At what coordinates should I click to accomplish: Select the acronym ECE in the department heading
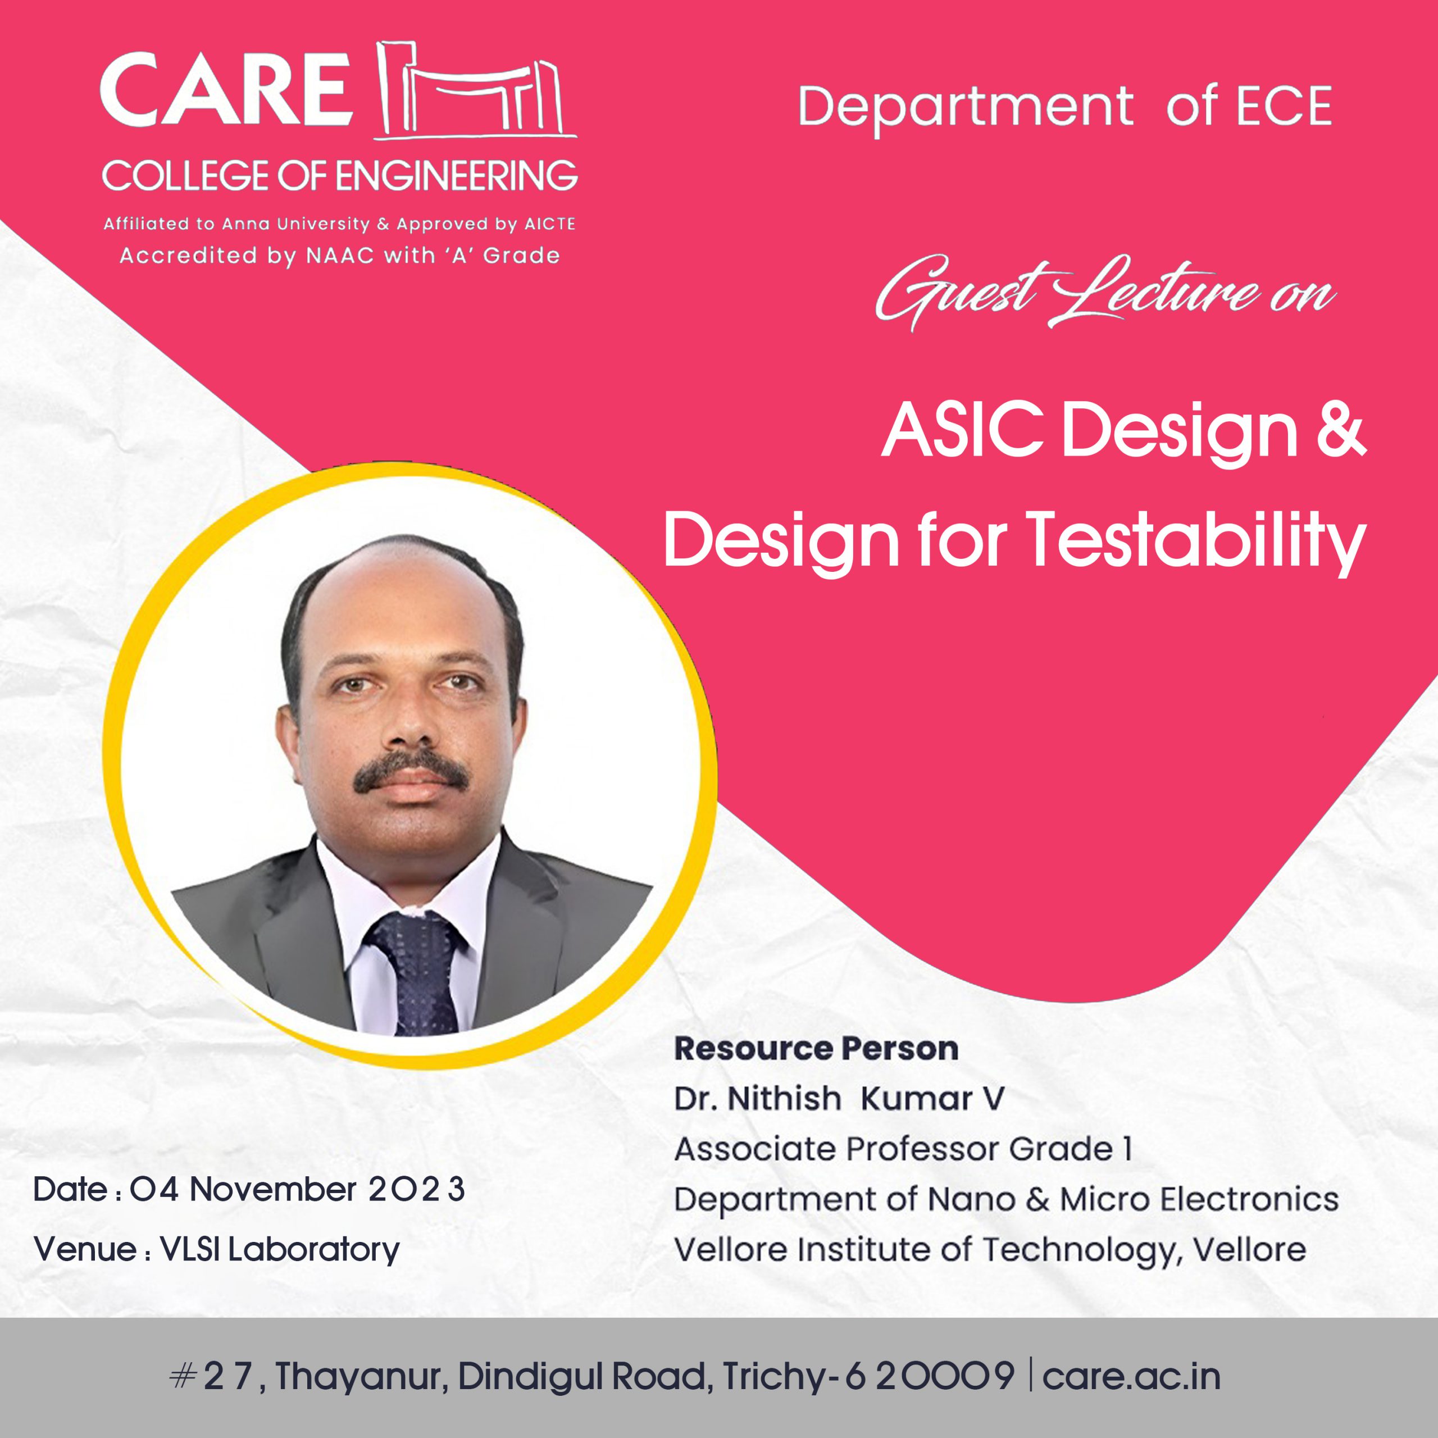1284,106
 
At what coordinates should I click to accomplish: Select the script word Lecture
1153,293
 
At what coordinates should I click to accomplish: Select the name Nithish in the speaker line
784,1099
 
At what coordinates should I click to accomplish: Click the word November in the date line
272,1189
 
